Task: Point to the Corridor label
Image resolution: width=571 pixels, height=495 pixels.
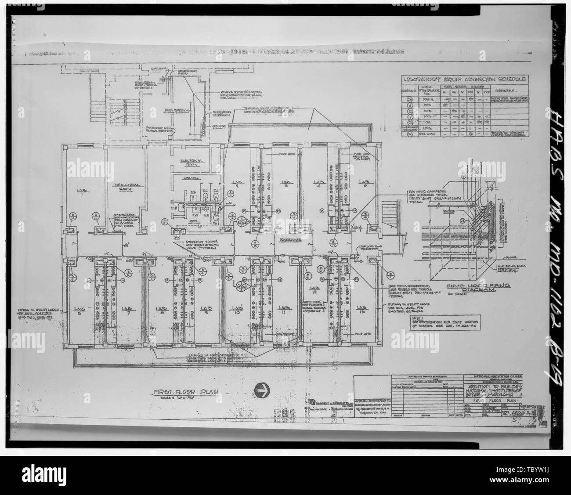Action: [290, 240]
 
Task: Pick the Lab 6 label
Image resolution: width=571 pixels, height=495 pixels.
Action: [81, 308]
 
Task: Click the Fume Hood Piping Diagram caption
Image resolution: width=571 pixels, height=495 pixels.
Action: [473, 288]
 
